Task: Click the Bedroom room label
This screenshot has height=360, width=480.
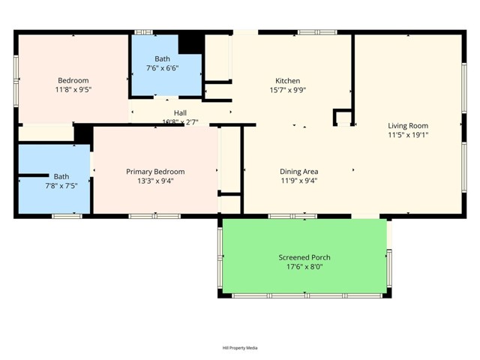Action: click(73, 81)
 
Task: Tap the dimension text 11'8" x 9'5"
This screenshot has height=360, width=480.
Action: click(73, 90)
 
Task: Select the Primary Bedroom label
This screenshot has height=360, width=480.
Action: click(155, 172)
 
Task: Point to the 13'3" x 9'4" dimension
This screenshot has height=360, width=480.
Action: click(155, 181)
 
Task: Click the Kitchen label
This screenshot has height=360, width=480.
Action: click(288, 81)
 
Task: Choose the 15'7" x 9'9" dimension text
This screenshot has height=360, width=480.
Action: click(288, 90)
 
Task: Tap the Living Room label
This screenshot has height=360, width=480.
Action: click(408, 126)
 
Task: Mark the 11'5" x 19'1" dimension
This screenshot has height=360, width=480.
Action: click(408, 135)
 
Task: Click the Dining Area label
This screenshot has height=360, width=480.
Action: click(299, 172)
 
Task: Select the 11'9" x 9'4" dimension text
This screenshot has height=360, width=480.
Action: click(299, 181)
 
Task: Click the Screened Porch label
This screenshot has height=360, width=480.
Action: click(304, 257)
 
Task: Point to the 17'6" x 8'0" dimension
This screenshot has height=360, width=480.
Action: click(304, 266)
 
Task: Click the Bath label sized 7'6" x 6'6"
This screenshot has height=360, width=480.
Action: click(163, 58)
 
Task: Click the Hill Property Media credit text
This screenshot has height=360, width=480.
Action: click(240, 348)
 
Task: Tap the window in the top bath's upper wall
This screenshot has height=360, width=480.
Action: click(143, 32)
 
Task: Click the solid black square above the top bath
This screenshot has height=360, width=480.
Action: click(191, 43)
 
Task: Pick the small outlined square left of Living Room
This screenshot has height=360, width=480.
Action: click(342, 118)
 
